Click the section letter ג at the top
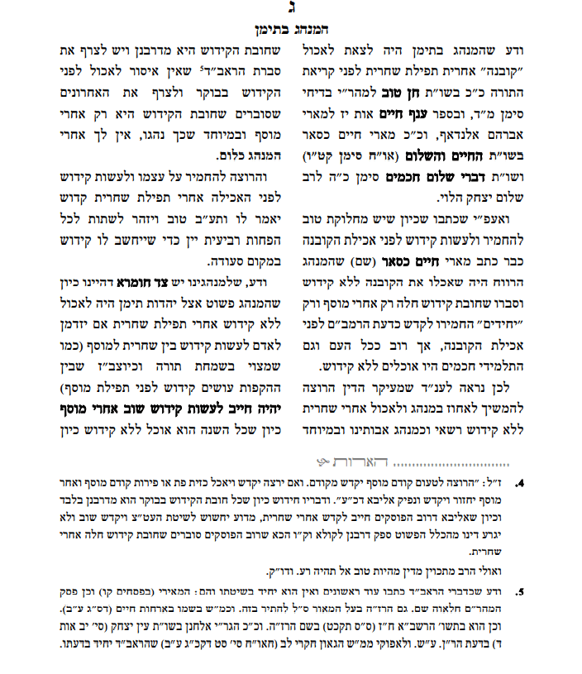290,10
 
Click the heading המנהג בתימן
290,31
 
